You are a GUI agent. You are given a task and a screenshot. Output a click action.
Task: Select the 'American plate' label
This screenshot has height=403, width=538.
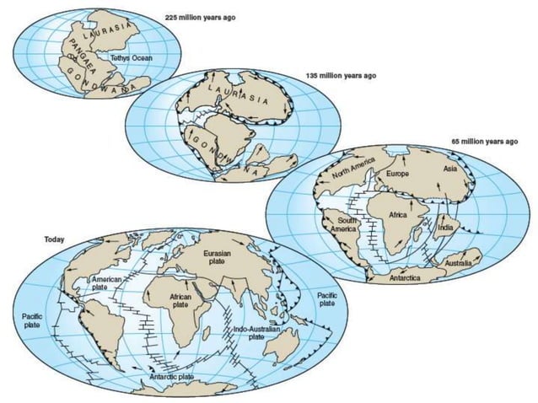(x=109, y=282)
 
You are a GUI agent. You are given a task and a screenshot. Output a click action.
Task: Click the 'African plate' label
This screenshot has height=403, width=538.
(x=180, y=301)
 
